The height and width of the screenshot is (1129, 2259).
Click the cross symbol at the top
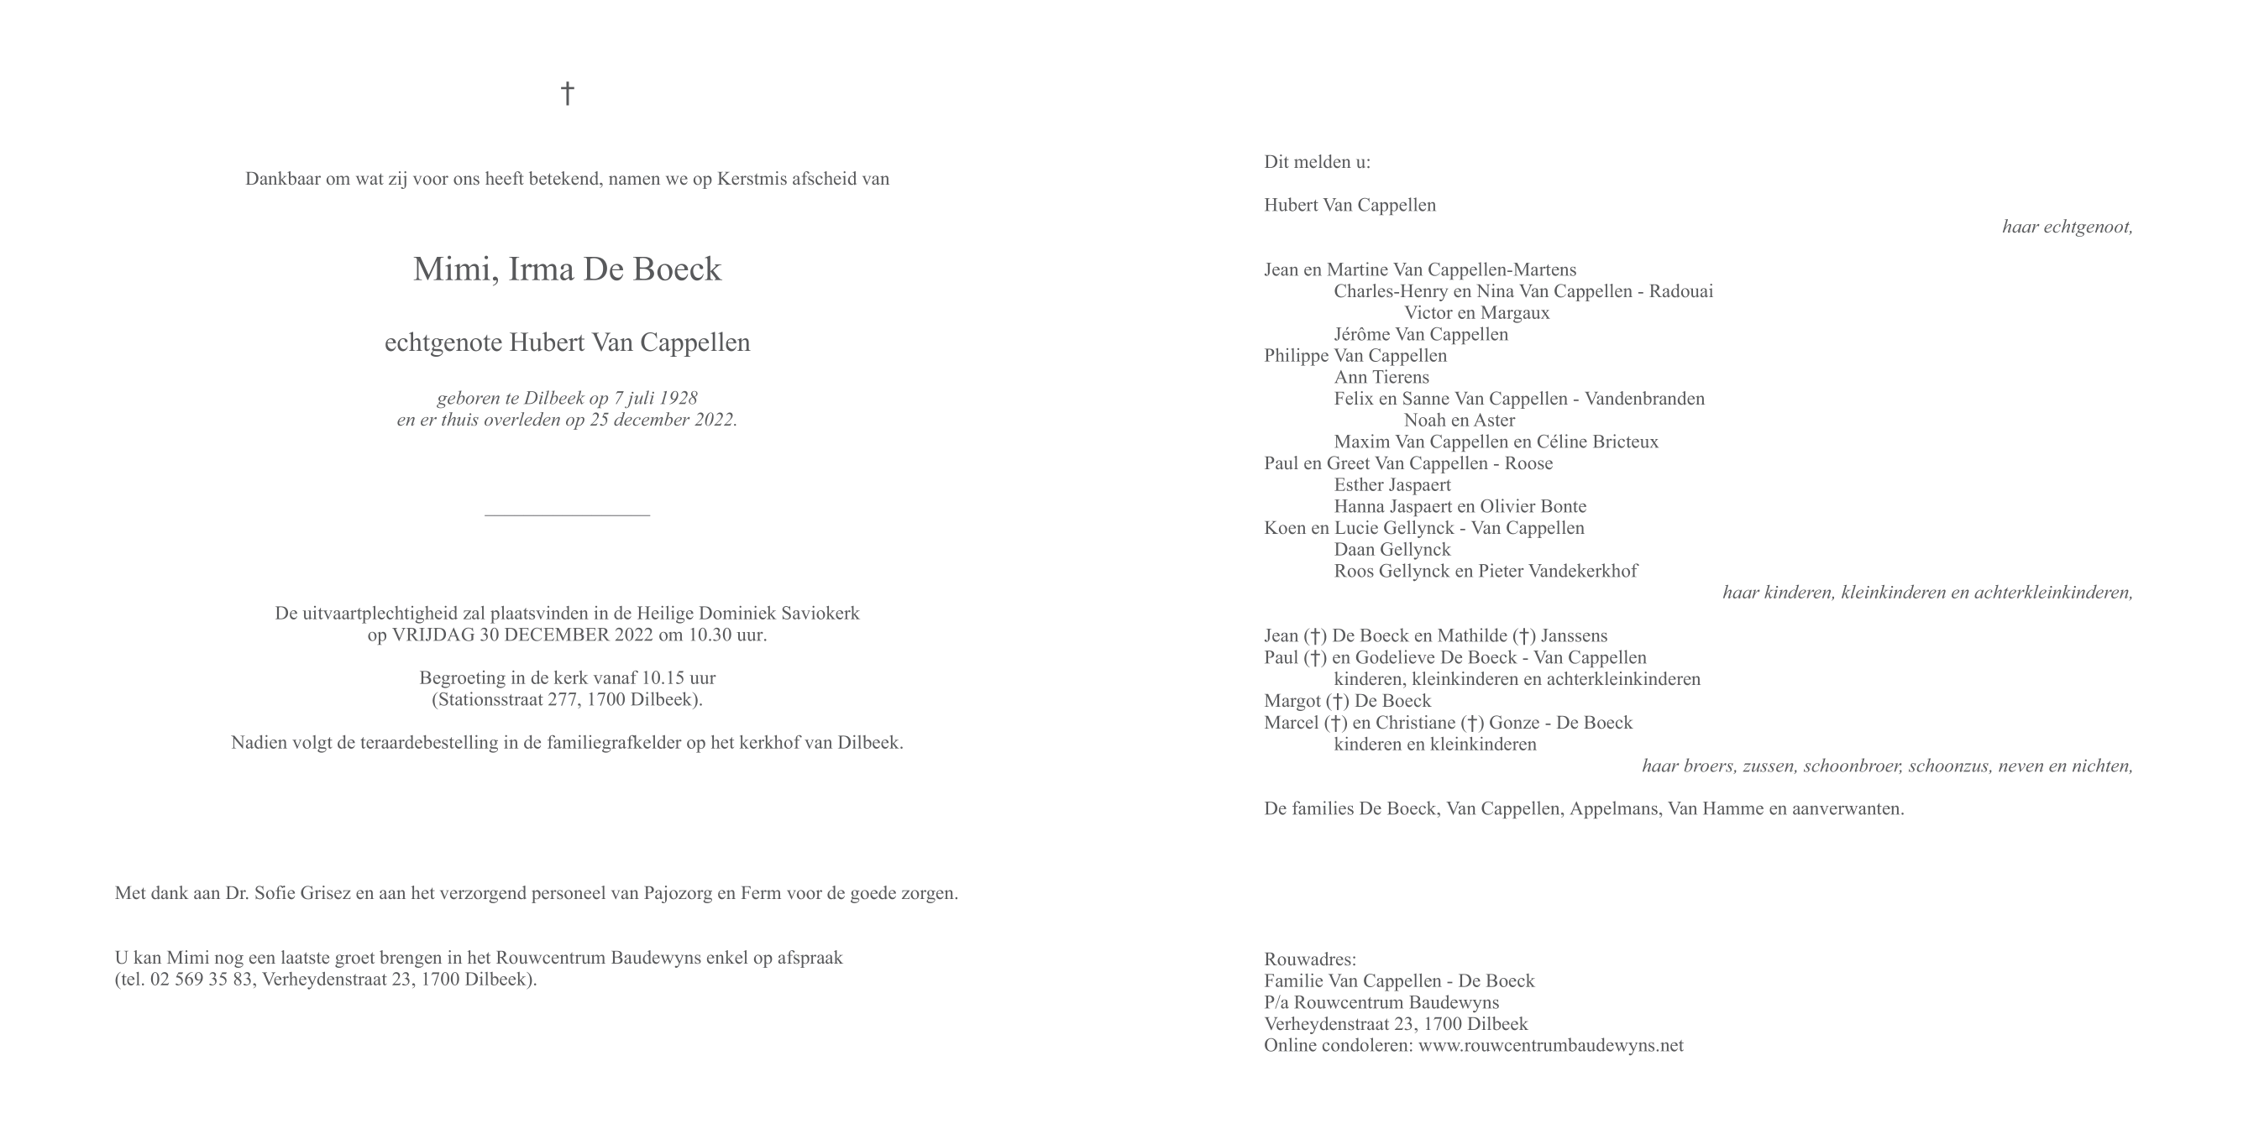(568, 93)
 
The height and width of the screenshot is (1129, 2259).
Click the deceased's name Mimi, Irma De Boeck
(567, 269)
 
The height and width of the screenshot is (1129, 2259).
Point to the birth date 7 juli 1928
(655, 398)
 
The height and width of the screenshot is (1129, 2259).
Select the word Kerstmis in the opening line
(752, 179)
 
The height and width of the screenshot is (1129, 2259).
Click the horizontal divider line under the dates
(567, 515)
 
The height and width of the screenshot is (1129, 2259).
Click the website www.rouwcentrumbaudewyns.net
(1549, 1045)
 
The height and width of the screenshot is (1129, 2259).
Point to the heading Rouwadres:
(1309, 959)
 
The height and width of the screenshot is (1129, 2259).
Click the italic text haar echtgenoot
(2066, 227)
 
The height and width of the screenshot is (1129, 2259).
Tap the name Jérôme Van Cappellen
(1421, 334)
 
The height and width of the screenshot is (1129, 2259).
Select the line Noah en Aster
(1459, 420)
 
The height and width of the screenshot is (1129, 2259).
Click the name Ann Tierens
(1381, 377)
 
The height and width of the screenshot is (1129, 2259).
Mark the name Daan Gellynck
(1392, 550)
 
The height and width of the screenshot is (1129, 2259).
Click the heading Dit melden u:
(1316, 162)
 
